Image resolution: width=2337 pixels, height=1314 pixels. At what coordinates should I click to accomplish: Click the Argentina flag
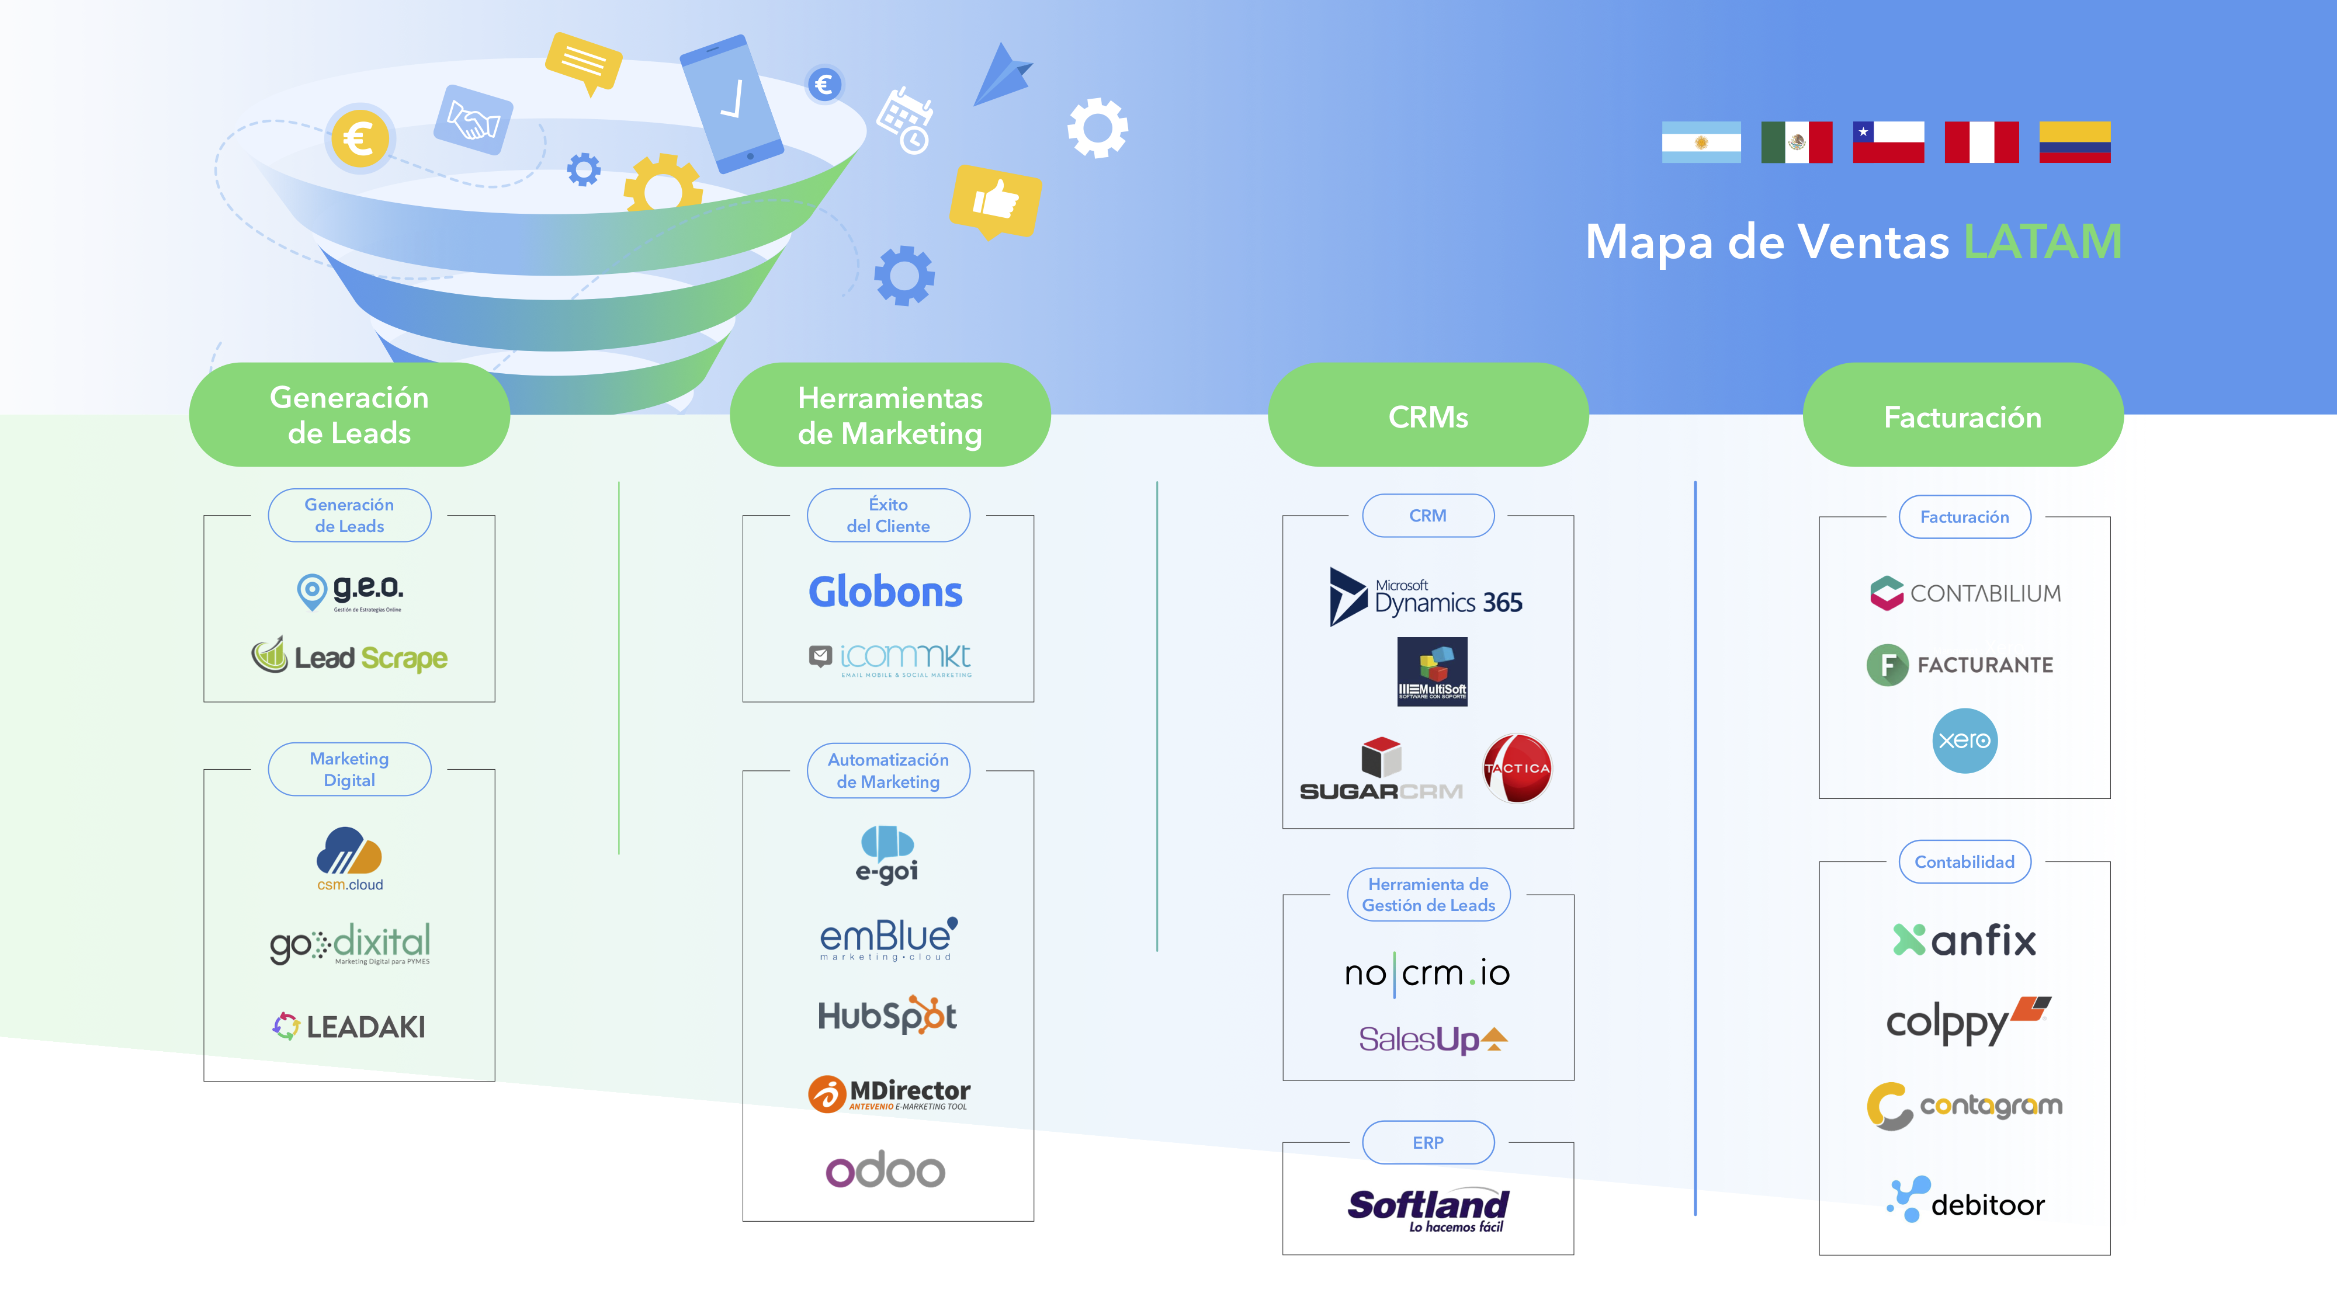(1700, 142)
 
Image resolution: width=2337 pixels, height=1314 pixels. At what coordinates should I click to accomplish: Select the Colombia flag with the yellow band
(2074, 142)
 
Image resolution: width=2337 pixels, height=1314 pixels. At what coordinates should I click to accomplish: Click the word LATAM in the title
(2042, 242)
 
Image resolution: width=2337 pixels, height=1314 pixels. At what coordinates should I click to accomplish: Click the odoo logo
(886, 1170)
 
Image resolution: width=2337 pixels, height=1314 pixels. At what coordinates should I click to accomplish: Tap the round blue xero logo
(1964, 740)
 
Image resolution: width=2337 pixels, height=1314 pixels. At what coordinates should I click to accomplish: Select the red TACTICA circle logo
(1517, 768)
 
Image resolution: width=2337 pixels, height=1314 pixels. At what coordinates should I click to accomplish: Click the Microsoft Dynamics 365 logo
(1426, 597)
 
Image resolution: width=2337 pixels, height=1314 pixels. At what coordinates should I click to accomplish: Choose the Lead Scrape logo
(349, 656)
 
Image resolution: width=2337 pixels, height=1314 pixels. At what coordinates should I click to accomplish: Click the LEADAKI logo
(349, 1027)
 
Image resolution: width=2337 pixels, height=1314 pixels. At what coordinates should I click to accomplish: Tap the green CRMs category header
(1427, 416)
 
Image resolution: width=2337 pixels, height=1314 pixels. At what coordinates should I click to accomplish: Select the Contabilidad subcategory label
(1964, 861)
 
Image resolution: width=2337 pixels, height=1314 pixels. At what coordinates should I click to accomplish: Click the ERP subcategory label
(1427, 1143)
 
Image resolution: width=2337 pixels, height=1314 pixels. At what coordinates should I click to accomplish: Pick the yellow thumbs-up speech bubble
(995, 200)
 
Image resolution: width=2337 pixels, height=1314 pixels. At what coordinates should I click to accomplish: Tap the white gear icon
(1098, 128)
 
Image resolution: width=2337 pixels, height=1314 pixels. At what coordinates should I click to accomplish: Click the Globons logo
(886, 592)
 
